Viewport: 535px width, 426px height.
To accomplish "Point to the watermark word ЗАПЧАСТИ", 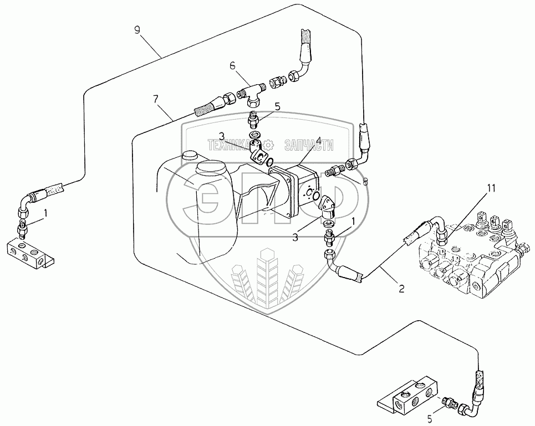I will (x=309, y=146).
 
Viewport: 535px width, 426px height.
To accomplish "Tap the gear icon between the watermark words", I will (x=269, y=146).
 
